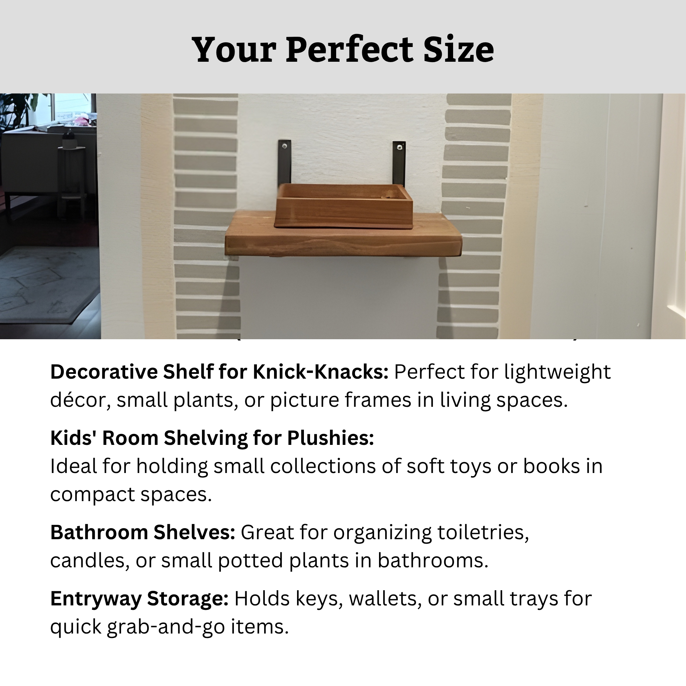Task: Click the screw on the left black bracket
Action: (x=284, y=145)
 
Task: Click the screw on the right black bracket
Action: (x=400, y=147)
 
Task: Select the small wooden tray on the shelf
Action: (x=344, y=206)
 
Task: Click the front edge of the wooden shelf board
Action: (x=343, y=245)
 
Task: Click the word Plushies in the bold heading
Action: (x=331, y=438)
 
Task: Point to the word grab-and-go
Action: (x=166, y=627)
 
